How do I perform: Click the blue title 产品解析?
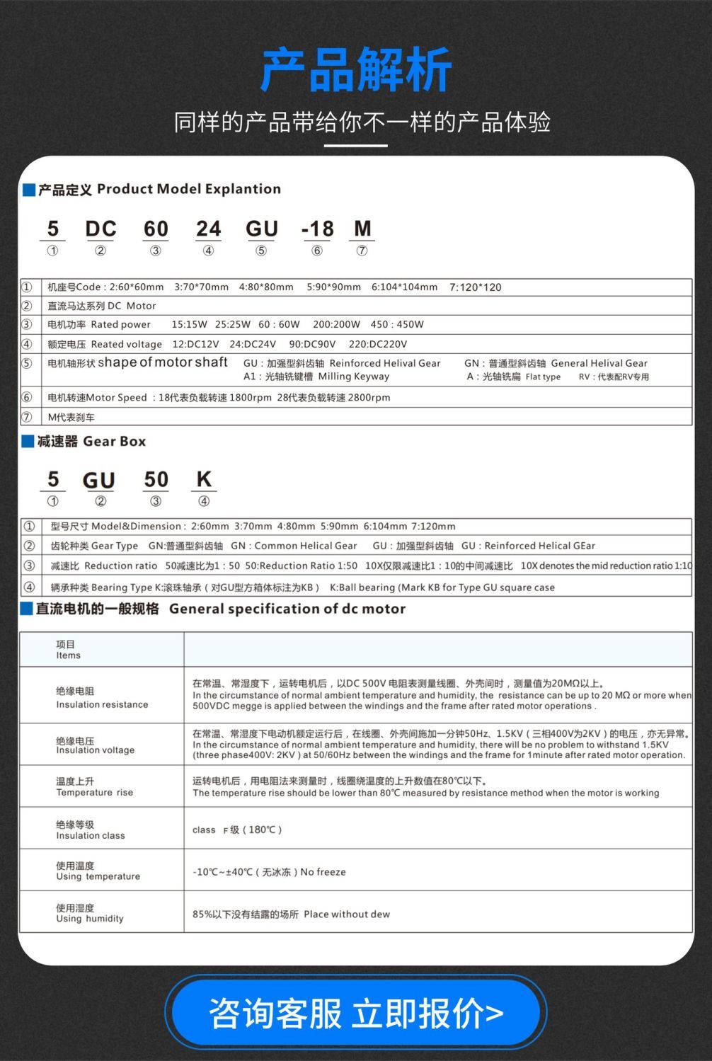[x=356, y=70]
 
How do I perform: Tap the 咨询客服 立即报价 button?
[x=356, y=1013]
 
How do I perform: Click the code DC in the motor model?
[x=101, y=229]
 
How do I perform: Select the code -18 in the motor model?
[x=317, y=229]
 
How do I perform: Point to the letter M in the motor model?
[x=362, y=229]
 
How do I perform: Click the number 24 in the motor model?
[x=208, y=229]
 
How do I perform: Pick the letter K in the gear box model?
[x=204, y=479]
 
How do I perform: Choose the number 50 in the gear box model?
[x=156, y=479]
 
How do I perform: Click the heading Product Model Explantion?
[x=188, y=189]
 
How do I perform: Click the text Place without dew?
[x=347, y=914]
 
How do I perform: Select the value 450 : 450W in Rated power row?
[x=397, y=324]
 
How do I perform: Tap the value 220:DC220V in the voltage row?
[x=378, y=344]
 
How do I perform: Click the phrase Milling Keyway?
[x=353, y=377]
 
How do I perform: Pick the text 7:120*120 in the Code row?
[x=475, y=287]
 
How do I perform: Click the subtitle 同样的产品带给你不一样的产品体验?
[x=362, y=122]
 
